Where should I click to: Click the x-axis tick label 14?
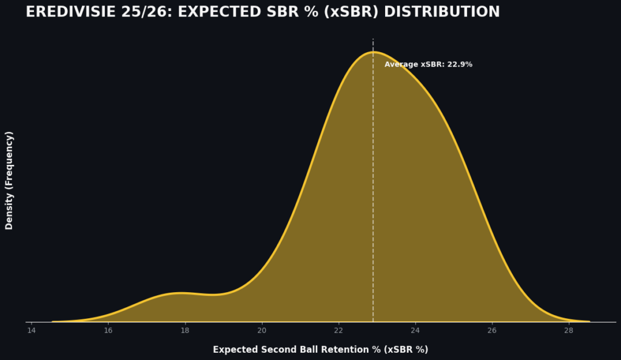point(32,330)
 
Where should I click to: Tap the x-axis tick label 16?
point(108,330)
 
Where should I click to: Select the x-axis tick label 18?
point(185,330)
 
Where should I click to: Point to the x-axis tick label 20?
point(261,330)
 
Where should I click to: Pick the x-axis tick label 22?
point(338,330)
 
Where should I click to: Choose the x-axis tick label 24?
point(415,330)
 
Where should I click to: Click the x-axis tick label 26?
point(492,330)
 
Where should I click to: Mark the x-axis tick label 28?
point(568,330)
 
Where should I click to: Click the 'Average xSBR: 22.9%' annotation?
point(428,64)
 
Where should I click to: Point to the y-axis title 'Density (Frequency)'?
point(9,180)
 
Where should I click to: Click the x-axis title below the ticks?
point(320,350)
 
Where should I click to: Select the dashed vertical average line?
point(373,182)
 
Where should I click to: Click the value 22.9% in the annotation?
point(460,64)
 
